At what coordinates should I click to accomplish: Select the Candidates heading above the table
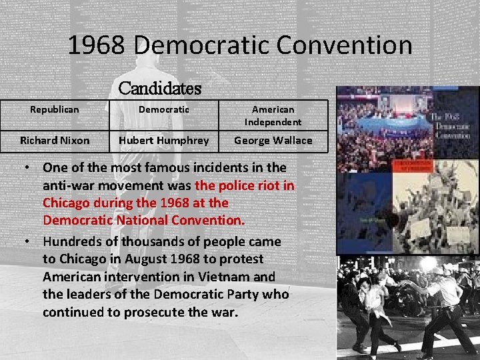point(159,88)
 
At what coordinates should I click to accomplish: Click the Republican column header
point(55,109)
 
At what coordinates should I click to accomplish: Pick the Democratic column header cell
point(164,109)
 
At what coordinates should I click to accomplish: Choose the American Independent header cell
point(273,115)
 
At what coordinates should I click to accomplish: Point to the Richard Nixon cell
point(55,140)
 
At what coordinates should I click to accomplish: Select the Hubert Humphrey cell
point(164,140)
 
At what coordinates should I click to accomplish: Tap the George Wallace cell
point(273,140)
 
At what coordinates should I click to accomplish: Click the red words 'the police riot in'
point(244,185)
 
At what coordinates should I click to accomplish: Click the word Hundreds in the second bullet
point(71,241)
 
